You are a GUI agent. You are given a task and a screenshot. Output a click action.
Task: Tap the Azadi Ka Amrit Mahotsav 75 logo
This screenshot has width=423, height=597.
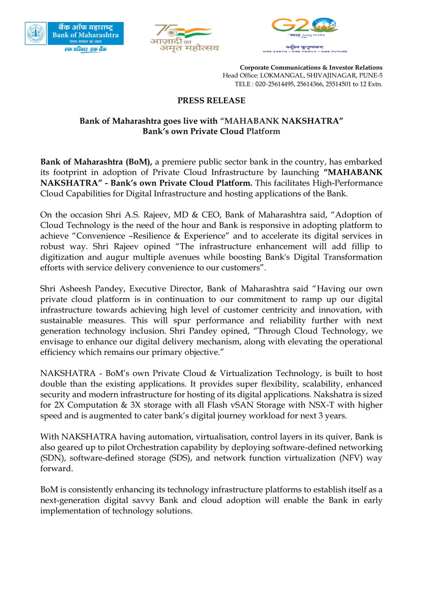coord(185,37)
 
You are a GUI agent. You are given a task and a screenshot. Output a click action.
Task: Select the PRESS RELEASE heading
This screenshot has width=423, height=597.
coord(211,100)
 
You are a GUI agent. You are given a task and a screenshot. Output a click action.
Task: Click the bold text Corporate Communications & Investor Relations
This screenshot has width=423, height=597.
coord(311,67)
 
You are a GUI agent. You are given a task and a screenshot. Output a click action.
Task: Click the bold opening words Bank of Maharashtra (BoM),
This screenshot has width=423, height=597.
coord(97,162)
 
